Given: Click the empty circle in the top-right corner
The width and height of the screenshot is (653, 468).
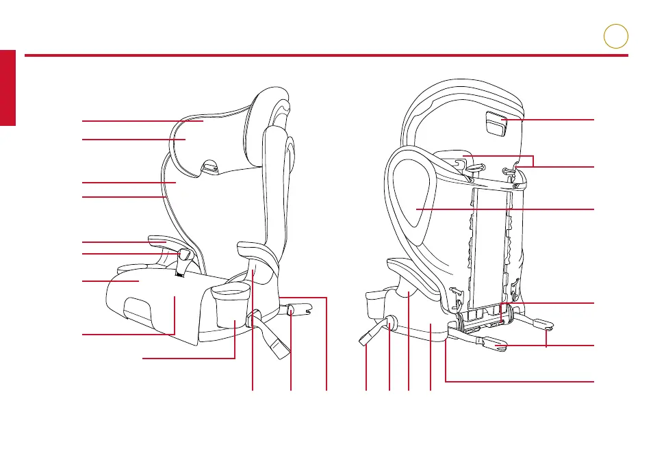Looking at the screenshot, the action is click(615, 36).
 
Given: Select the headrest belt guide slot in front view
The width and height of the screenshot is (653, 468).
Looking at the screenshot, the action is click(210, 166).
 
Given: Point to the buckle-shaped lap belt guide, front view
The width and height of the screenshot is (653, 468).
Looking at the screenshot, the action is click(183, 255).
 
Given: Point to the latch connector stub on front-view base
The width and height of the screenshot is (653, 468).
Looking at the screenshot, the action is click(293, 309).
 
